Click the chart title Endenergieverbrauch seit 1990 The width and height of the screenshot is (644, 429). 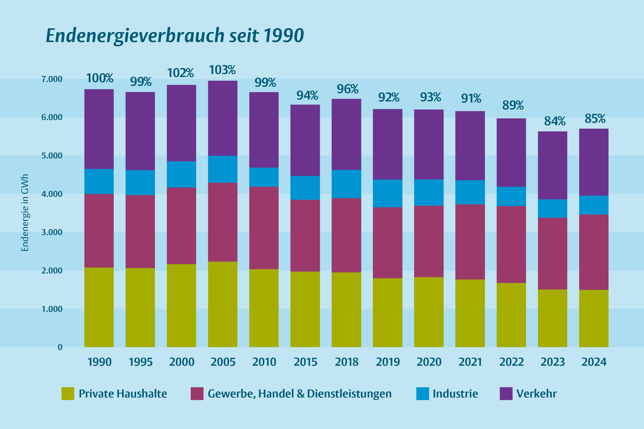[x=175, y=36]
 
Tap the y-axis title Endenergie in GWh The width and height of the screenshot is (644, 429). [x=25, y=213]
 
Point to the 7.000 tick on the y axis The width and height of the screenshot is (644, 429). [x=52, y=79]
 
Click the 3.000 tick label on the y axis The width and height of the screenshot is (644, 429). [x=52, y=233]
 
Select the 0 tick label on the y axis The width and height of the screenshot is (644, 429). [x=60, y=347]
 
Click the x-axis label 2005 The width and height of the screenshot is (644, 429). [x=223, y=362]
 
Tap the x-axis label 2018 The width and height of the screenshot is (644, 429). [x=346, y=362]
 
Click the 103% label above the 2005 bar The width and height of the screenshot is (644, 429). [x=222, y=70]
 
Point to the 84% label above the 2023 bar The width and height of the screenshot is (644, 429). [x=555, y=121]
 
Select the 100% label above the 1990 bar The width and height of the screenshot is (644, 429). [x=100, y=78]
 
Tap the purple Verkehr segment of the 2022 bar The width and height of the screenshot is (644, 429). [x=511, y=153]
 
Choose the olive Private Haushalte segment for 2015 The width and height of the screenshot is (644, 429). [x=305, y=309]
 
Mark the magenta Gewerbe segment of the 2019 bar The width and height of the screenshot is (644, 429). [x=387, y=243]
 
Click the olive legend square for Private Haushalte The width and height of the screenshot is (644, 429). [x=68, y=394]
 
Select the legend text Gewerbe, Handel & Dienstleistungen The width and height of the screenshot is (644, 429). [x=299, y=394]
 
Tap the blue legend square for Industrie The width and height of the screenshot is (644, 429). [x=422, y=394]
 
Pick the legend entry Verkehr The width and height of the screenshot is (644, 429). [x=536, y=394]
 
